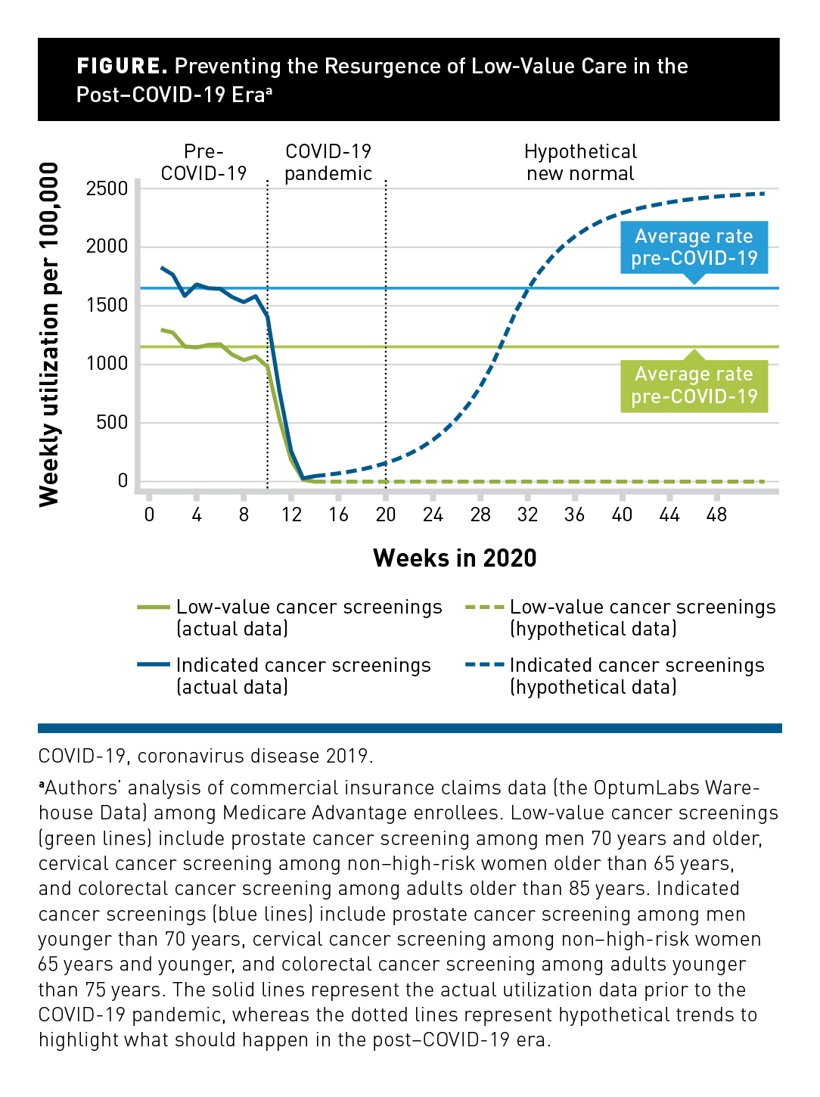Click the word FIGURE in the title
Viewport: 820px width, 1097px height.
pyautogui.click(x=122, y=67)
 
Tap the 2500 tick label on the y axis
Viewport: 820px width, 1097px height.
pyautogui.click(x=107, y=188)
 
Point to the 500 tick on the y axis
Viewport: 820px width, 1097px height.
pyautogui.click(x=112, y=422)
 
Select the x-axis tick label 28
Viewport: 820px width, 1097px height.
pyautogui.click(x=480, y=515)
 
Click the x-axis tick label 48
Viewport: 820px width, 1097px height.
pyautogui.click(x=716, y=515)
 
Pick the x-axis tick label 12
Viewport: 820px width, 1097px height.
pyautogui.click(x=291, y=515)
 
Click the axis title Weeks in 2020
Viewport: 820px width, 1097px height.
pyautogui.click(x=455, y=558)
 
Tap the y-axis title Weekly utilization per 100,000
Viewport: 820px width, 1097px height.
pyautogui.click(x=49, y=334)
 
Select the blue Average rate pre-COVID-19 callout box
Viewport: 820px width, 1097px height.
pyautogui.click(x=694, y=247)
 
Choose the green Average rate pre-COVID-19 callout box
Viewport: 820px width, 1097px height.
pyautogui.click(x=694, y=386)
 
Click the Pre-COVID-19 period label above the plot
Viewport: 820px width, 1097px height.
pyautogui.click(x=203, y=163)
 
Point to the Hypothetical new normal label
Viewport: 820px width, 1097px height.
pyautogui.click(x=580, y=163)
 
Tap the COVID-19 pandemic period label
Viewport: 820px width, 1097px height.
pyautogui.click(x=328, y=163)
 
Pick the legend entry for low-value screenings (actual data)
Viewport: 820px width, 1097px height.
pyautogui.click(x=290, y=618)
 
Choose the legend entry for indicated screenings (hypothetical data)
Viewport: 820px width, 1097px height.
pyautogui.click(x=616, y=676)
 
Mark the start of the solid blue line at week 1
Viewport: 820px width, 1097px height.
pyautogui.click(x=162, y=268)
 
